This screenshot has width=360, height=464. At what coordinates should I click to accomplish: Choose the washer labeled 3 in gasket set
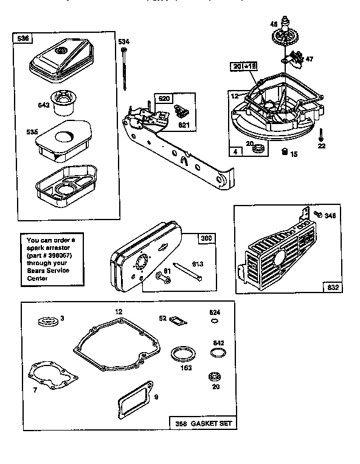point(46,320)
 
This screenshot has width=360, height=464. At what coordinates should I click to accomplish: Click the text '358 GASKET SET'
point(202,423)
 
